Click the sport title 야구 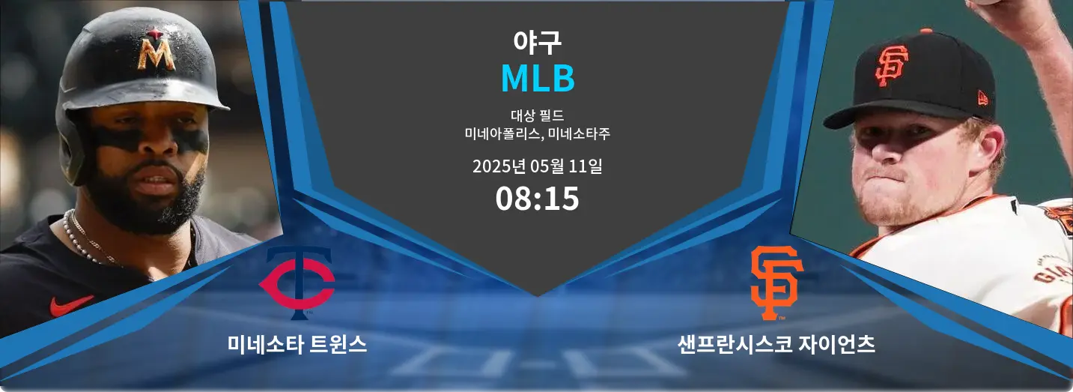pyautogui.click(x=537, y=42)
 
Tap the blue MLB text pyautogui.click(x=538, y=78)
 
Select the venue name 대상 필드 pyautogui.click(x=537, y=115)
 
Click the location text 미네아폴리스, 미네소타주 pyautogui.click(x=537, y=133)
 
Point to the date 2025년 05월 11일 pyautogui.click(x=537, y=166)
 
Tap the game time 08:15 pyautogui.click(x=537, y=199)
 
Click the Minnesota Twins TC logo pyautogui.click(x=297, y=283)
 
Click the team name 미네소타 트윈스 pyautogui.click(x=297, y=344)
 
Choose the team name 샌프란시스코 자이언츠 pyautogui.click(x=776, y=344)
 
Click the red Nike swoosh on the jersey pyautogui.click(x=71, y=305)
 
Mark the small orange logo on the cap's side pyautogui.click(x=982, y=99)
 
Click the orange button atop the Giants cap pyautogui.click(x=926, y=31)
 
